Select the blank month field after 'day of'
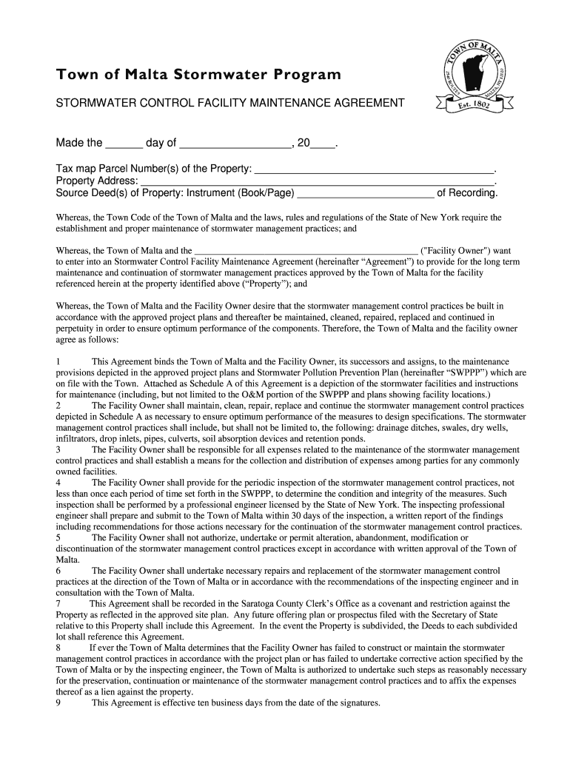235,143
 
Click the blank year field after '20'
322,143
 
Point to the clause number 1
58,361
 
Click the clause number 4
58,483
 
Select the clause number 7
58,604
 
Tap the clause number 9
58,703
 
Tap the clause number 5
58,537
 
